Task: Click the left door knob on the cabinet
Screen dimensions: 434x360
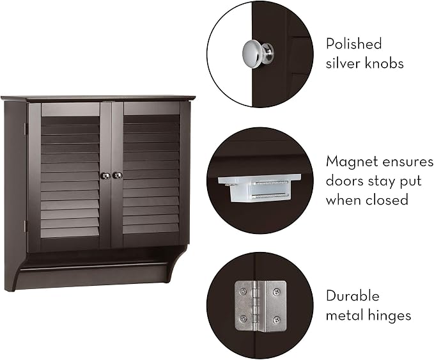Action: [105, 176]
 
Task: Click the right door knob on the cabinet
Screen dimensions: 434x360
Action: [118, 175]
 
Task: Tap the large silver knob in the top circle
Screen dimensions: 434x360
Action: [258, 54]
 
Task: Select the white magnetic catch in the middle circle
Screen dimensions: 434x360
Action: [259, 188]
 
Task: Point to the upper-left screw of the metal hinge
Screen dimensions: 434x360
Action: [243, 291]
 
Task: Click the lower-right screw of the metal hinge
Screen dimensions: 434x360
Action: [276, 320]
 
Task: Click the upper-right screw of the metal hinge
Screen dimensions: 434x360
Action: [276, 292]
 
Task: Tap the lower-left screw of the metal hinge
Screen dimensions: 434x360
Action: [243, 318]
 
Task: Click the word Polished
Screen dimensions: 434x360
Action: [353, 43]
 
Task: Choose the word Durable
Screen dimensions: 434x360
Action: [353, 295]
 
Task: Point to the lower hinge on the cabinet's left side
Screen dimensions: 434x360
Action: [26, 226]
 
